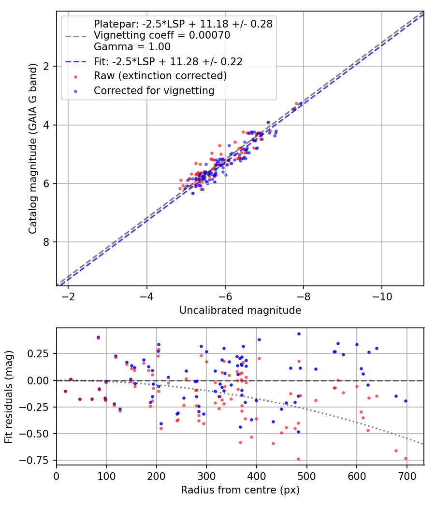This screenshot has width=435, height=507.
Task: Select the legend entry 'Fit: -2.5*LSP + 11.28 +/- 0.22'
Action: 168,61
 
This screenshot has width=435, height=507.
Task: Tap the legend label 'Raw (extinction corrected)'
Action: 160,76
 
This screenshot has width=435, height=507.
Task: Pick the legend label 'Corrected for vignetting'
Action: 154,90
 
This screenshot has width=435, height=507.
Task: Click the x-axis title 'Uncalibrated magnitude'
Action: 240,310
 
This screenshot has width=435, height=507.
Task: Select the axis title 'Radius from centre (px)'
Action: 240,490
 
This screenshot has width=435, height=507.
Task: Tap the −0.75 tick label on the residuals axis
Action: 38,460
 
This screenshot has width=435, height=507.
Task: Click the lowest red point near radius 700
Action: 406,458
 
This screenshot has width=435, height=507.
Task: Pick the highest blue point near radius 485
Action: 299,334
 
